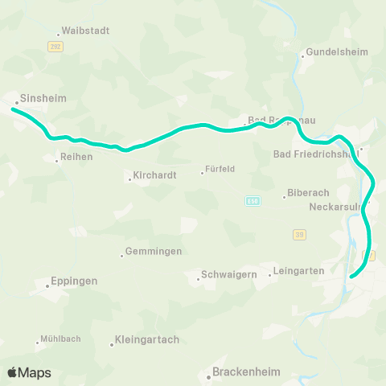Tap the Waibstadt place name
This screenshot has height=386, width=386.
click(x=84, y=31)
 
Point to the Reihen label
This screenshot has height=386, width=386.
click(x=78, y=157)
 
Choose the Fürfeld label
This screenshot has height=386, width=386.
click(x=220, y=170)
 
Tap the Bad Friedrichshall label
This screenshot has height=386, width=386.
click(x=314, y=154)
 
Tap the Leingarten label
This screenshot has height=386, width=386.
click(x=299, y=271)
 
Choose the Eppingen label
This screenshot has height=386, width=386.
click(x=73, y=281)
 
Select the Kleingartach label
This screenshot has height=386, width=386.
click(x=146, y=340)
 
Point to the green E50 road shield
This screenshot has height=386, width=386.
click(x=252, y=201)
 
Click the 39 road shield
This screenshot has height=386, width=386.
click(x=298, y=233)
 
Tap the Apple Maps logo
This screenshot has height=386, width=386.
click(x=29, y=372)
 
